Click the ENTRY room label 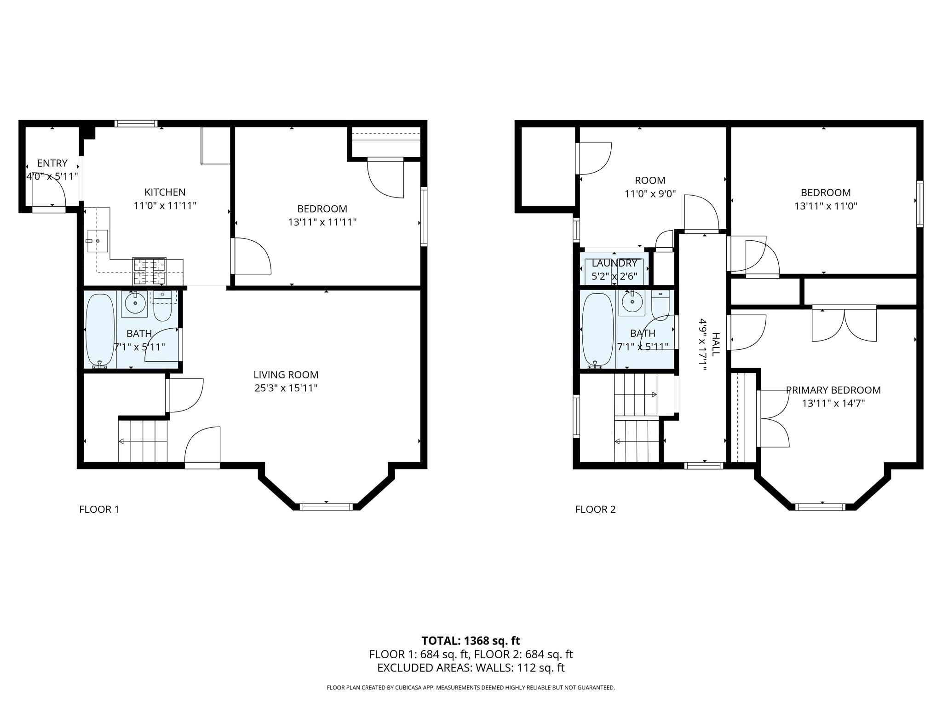tap(52, 163)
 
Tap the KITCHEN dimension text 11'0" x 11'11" tap(165, 206)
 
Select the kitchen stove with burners tap(149, 271)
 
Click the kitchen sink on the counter tap(98, 241)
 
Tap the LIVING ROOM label tap(286, 375)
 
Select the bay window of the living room tap(326, 507)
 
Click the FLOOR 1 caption tap(99, 509)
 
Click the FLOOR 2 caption tap(595, 509)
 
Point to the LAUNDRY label tap(614, 263)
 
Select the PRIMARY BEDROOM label tap(833, 390)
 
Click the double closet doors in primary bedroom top tap(844, 324)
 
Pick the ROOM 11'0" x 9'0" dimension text tap(649, 194)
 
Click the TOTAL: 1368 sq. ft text tap(471, 641)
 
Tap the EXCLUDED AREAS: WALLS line tap(471, 668)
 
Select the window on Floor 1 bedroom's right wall tap(424, 216)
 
